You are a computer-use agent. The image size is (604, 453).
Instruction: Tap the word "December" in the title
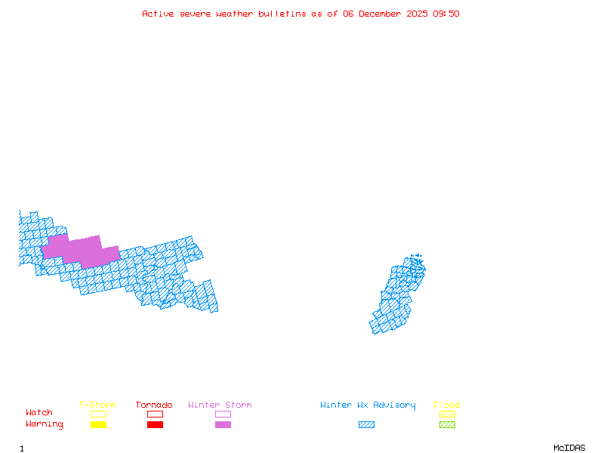tap(381, 14)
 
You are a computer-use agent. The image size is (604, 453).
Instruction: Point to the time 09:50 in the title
tap(445, 14)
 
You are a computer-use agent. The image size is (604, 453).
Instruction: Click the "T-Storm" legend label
tap(97, 405)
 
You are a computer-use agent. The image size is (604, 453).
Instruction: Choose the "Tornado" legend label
tap(154, 405)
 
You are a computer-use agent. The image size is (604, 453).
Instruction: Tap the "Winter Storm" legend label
tap(220, 405)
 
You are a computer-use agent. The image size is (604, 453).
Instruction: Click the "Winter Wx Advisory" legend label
tap(368, 405)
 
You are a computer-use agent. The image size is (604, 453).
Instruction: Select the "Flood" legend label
tap(447, 405)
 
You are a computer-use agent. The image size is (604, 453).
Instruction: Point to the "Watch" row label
tap(39, 413)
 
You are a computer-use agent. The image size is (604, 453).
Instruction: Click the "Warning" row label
tap(45, 424)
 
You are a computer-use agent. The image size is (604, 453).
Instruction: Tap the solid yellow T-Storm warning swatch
tap(98, 424)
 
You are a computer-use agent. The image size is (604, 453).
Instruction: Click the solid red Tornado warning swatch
tap(155, 424)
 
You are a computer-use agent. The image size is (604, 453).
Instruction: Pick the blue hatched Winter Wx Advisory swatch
tap(366, 424)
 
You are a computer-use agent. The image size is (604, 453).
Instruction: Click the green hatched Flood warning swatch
tap(447, 424)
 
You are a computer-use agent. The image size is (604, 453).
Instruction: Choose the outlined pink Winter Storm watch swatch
tap(223, 414)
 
